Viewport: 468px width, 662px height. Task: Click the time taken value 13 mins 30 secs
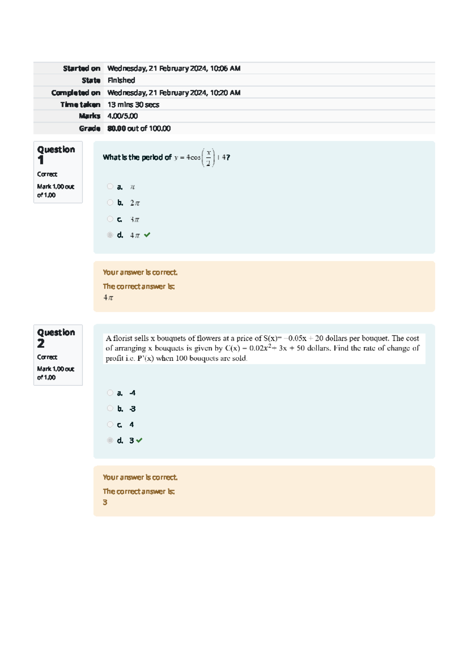coord(133,104)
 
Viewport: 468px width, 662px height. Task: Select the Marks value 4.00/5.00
coord(122,116)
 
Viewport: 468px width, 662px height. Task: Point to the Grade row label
coord(89,128)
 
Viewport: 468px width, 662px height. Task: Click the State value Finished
coord(121,80)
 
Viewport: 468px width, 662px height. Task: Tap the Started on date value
coord(174,68)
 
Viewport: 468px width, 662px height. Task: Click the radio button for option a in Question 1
coord(110,186)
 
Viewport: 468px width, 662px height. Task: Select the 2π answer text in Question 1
coord(135,203)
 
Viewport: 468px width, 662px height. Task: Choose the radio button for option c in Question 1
coord(110,219)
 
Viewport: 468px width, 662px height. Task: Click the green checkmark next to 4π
coord(147,235)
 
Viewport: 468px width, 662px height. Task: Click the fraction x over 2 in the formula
coord(208,158)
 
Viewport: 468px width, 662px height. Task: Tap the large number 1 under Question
coord(41,160)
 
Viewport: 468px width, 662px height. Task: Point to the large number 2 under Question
coord(41,343)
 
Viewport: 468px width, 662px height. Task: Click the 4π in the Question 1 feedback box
coord(108,298)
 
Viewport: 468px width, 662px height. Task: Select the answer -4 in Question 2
coord(132,393)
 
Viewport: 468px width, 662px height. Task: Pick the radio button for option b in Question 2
coord(110,408)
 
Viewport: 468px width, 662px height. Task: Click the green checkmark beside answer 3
coord(139,440)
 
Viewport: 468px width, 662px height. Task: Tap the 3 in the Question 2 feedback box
coord(105,503)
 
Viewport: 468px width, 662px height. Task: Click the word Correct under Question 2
coord(47,357)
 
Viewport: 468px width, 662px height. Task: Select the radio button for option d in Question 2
coord(110,440)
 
